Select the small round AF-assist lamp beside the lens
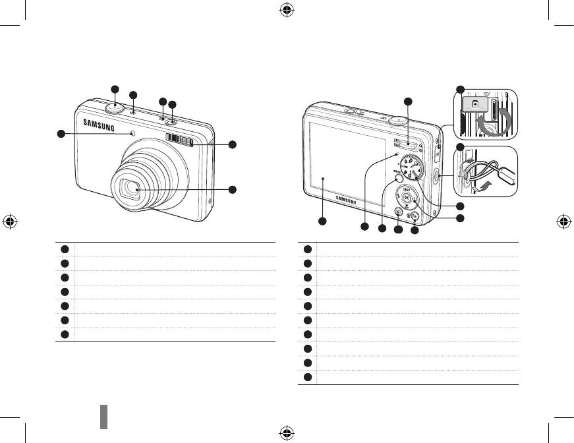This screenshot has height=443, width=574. pyautogui.click(x=134, y=134)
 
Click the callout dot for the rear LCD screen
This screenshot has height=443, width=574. pyautogui.click(x=323, y=221)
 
